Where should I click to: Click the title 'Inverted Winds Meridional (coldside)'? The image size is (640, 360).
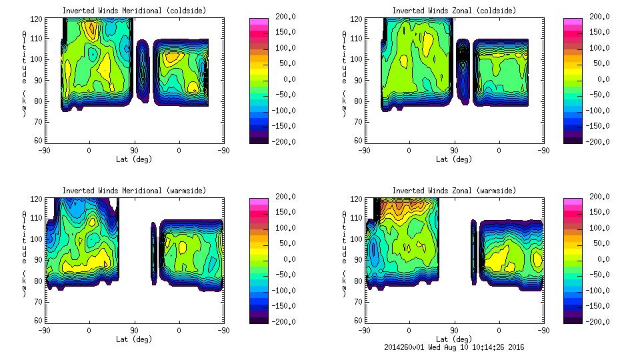[x=134, y=11]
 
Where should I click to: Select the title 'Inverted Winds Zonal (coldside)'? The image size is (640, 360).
[x=454, y=11]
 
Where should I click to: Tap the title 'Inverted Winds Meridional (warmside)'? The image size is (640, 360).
[x=134, y=191]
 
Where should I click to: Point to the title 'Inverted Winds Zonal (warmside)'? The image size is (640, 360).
[x=454, y=191]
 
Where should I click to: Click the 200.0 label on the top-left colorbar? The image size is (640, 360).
[x=279, y=17]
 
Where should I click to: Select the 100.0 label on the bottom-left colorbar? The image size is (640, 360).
[x=279, y=228]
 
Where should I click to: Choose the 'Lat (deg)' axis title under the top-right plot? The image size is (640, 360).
[x=454, y=159]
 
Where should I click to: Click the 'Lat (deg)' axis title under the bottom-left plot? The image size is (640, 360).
[x=134, y=339]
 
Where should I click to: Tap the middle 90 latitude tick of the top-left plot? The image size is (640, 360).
[x=134, y=151]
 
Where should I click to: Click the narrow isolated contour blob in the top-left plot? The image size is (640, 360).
[x=142, y=69]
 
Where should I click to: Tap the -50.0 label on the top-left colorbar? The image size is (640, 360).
[x=279, y=95]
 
